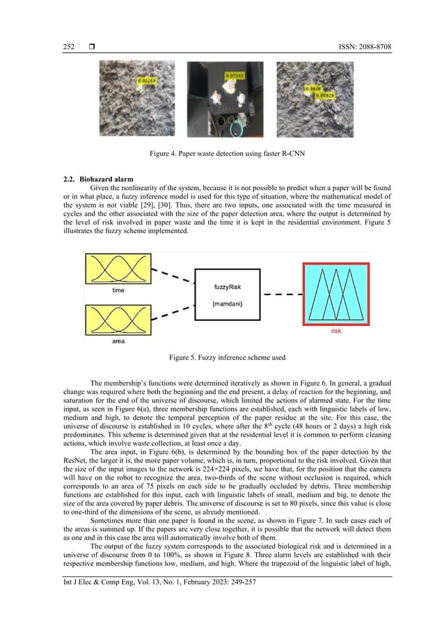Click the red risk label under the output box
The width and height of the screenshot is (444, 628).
click(x=335, y=332)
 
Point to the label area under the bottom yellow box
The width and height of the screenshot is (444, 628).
click(x=118, y=343)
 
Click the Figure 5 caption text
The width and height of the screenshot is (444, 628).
click(x=222, y=357)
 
